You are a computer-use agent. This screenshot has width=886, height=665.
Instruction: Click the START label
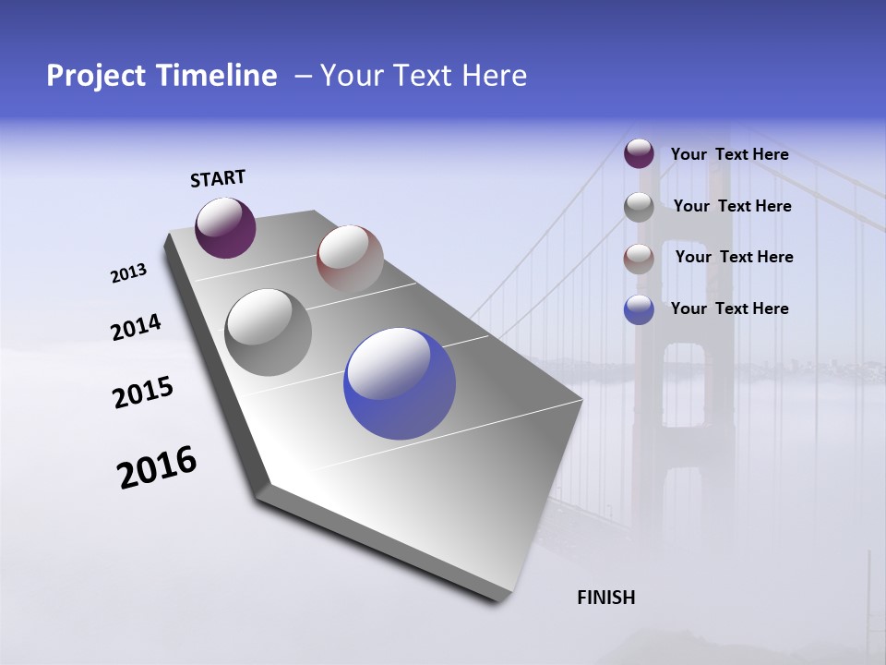coord(218,178)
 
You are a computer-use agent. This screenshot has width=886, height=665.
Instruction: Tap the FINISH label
coord(605,598)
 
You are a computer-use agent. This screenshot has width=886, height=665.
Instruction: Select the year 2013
coord(128,273)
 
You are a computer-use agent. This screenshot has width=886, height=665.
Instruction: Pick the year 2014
coord(136,328)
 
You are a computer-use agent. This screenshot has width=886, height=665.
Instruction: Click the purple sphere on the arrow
coord(225,227)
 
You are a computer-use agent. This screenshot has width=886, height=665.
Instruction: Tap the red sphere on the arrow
coord(350,258)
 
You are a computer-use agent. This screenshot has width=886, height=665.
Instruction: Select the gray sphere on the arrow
coord(269,332)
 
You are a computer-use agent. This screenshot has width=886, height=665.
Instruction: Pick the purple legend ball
coord(639,154)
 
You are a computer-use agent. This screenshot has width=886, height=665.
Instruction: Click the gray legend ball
coord(639,207)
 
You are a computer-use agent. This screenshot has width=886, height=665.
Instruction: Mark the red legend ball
coord(639,259)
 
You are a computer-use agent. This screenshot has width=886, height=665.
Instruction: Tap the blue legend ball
coord(639,309)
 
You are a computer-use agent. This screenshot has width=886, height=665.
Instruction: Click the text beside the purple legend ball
coord(729,155)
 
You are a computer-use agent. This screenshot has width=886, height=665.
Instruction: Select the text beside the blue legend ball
coord(729,308)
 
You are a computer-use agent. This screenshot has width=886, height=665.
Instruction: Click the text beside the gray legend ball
coord(732,206)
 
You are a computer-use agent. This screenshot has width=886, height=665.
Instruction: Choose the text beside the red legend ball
coord(734,257)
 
